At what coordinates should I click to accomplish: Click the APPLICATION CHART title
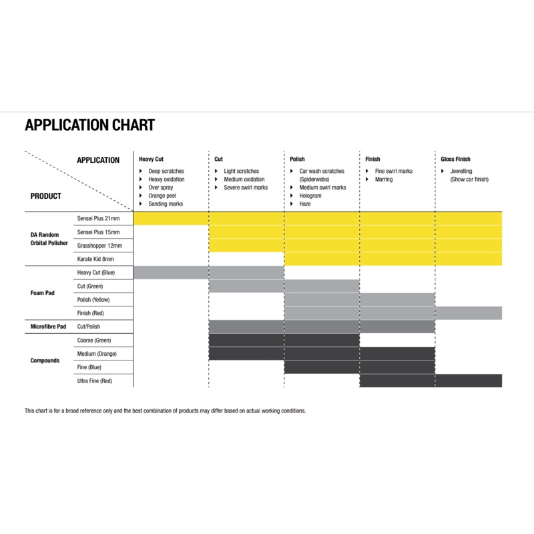click(89, 125)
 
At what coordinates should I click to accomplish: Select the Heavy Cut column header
click(151, 160)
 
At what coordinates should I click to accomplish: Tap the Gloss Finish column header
click(456, 160)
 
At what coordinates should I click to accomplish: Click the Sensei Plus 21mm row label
click(99, 218)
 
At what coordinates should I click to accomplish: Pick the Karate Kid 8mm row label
click(96, 258)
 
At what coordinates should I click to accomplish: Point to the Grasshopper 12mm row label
click(99, 245)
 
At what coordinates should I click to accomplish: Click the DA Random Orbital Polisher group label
click(49, 238)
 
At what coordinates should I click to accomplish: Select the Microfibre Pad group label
click(48, 326)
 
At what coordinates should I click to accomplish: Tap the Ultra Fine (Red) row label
click(95, 380)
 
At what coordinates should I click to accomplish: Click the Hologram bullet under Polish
click(310, 196)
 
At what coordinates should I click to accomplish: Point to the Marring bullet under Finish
click(384, 180)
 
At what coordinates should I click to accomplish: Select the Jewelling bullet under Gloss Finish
click(461, 172)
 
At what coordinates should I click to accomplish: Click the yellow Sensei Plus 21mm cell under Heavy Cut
click(172, 218)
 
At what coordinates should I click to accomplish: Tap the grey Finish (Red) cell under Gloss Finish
click(468, 313)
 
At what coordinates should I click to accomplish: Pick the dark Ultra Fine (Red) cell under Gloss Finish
click(468, 380)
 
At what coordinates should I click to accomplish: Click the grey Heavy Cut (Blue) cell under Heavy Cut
click(172, 272)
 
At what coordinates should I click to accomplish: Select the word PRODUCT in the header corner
click(46, 196)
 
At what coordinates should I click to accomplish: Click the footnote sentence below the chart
click(165, 411)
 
